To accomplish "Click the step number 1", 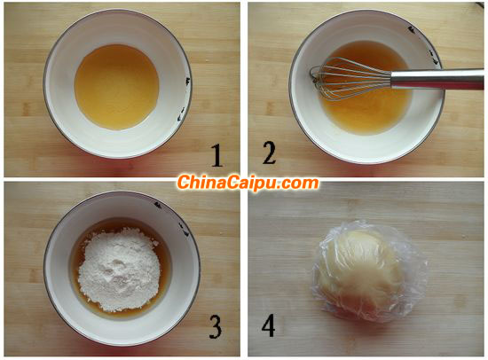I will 216,156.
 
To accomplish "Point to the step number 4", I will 269,325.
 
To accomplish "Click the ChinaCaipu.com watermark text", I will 248,183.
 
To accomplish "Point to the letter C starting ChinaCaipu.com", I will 184,183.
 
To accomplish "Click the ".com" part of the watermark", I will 299,183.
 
